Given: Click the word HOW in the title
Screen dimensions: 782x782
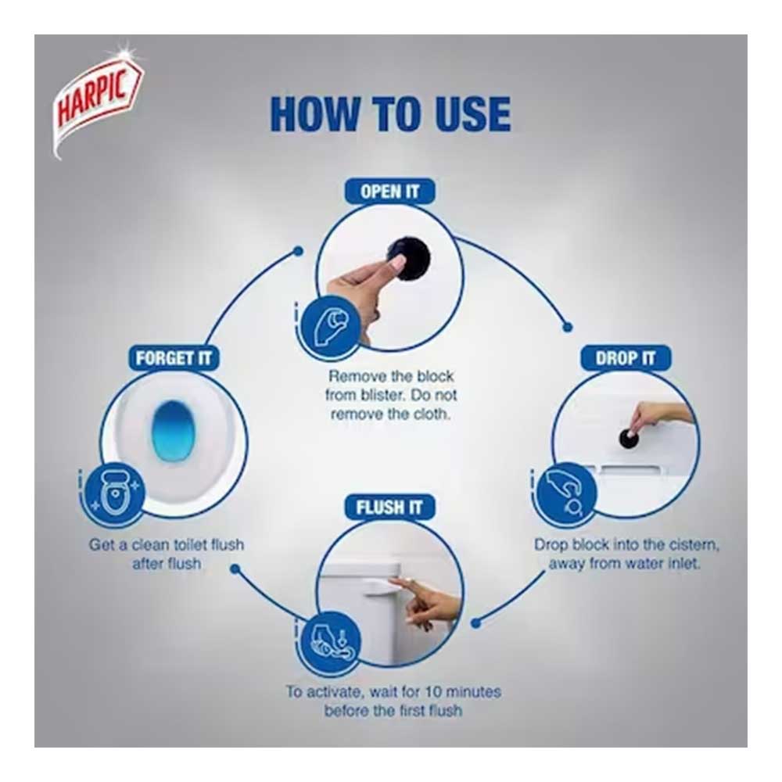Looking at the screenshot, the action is [x=314, y=114].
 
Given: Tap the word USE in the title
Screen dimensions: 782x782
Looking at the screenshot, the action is [x=472, y=114].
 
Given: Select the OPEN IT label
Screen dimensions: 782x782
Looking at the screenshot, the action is [x=389, y=192].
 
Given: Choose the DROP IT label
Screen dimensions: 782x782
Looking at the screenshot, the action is [x=626, y=358].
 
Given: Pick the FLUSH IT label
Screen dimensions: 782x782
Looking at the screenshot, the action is [x=389, y=508].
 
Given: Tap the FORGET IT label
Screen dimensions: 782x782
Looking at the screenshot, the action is [x=173, y=358].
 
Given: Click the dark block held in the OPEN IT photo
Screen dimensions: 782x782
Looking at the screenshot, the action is [x=410, y=260].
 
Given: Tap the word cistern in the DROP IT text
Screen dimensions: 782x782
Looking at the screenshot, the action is [x=694, y=544].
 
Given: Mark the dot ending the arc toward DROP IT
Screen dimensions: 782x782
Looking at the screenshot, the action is [x=567, y=328].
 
